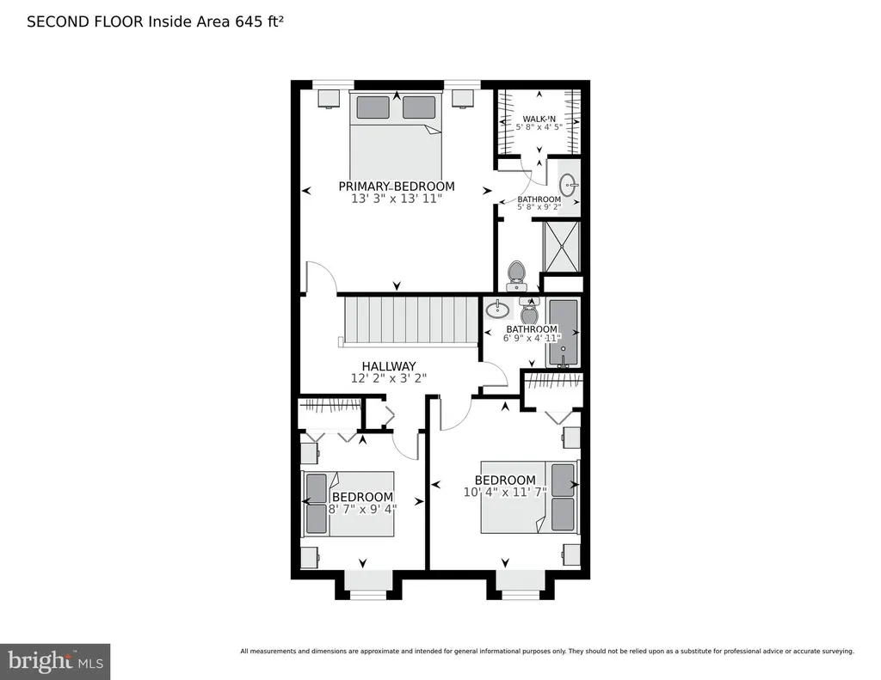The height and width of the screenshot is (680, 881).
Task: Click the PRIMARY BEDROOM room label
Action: [396, 187]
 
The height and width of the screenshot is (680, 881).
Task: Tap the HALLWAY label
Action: [389, 366]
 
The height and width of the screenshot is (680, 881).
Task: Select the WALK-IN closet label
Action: [539, 119]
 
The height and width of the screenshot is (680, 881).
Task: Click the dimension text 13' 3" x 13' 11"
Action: [397, 199]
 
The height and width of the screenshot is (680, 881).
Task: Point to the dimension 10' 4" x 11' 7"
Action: [505, 493]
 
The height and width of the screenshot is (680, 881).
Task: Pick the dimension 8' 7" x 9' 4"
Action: [362, 509]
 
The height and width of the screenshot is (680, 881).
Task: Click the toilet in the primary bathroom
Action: [516, 276]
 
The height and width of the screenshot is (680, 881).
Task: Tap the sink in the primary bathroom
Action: [569, 184]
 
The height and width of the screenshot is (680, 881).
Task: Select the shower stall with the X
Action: [561, 247]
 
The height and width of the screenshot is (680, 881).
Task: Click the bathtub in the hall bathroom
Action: [563, 333]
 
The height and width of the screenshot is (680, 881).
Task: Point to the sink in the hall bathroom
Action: [497, 309]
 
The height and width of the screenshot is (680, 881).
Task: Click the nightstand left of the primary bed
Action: [330, 98]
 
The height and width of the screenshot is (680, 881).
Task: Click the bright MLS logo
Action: [55, 661]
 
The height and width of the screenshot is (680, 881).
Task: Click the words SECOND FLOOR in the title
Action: [85, 21]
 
